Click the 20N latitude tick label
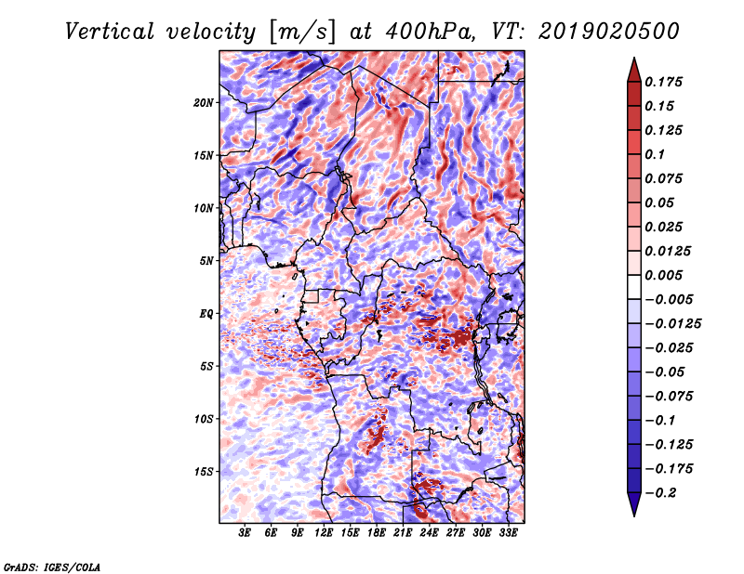pos(204,103)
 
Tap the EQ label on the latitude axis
pos(206,314)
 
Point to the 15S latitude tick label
pos(204,472)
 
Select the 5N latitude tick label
pos(206,261)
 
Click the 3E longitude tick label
pos(245,533)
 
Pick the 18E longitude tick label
pos(377,533)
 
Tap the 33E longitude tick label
pos(508,533)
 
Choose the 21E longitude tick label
pos(403,533)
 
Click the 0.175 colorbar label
pos(663,82)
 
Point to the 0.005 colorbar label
pos(663,275)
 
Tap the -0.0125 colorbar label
pos(672,324)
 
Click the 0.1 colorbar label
pos(655,154)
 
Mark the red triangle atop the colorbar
pos(634,70)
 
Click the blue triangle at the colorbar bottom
pos(634,504)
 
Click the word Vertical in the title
pos(110,32)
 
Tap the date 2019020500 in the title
pos(609,32)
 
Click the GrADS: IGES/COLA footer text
pos(52,567)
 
